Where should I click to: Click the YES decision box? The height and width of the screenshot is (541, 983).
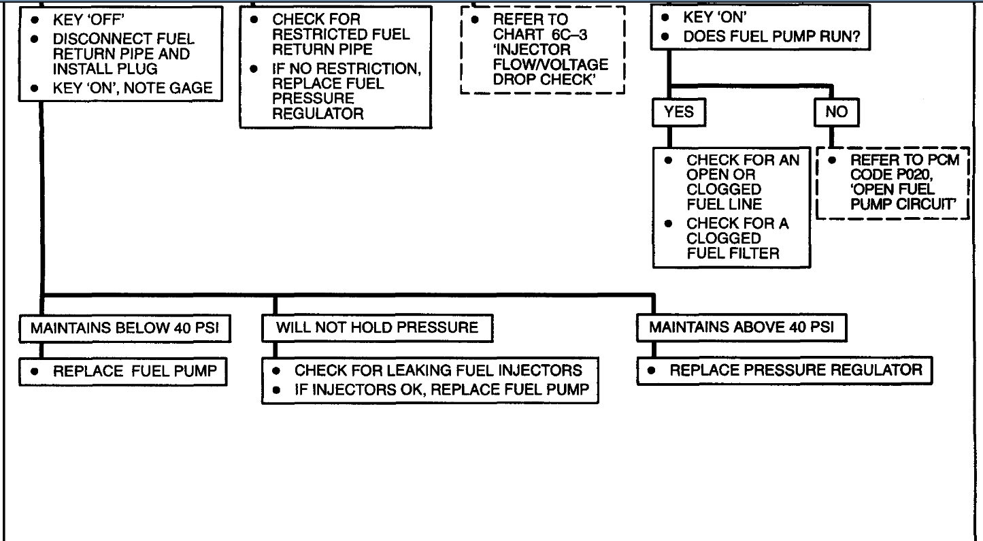coord(678,113)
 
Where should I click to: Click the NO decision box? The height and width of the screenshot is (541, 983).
coord(836,113)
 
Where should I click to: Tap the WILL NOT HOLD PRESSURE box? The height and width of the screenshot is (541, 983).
coord(377,327)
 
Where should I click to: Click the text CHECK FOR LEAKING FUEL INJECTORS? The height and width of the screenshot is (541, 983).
coord(437,371)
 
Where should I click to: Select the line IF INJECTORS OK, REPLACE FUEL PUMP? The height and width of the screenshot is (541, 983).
coord(441,390)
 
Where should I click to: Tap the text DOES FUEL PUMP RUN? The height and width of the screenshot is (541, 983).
coord(776,38)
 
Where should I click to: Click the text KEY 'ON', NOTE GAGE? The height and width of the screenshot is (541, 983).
coord(132,88)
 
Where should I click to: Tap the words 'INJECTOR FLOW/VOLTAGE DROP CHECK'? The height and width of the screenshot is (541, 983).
coord(551,65)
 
